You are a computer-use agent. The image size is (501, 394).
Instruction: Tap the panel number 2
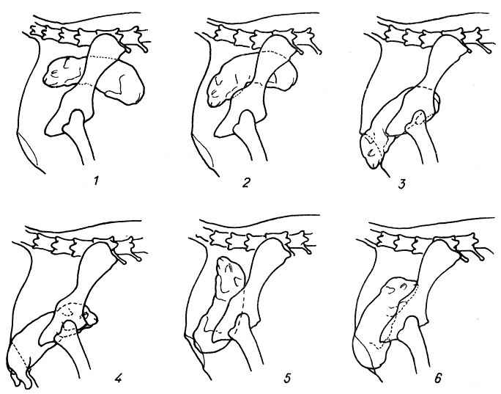click(x=246, y=183)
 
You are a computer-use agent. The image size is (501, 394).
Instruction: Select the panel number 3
click(x=402, y=185)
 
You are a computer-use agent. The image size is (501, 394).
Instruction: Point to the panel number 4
click(x=118, y=379)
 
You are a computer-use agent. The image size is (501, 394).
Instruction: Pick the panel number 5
click(x=287, y=378)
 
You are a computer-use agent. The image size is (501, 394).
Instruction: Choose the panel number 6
click(x=438, y=379)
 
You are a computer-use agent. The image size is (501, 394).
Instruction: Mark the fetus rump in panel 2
click(x=284, y=76)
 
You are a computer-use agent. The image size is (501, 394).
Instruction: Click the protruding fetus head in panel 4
click(x=21, y=365)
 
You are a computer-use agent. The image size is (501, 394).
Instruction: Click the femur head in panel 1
click(x=76, y=118)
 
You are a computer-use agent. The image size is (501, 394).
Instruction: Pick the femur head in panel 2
click(x=246, y=118)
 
